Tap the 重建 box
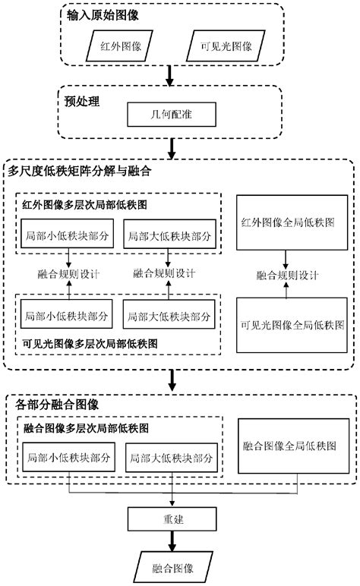point(172,522)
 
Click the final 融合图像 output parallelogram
point(172,567)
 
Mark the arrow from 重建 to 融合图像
point(172,542)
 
